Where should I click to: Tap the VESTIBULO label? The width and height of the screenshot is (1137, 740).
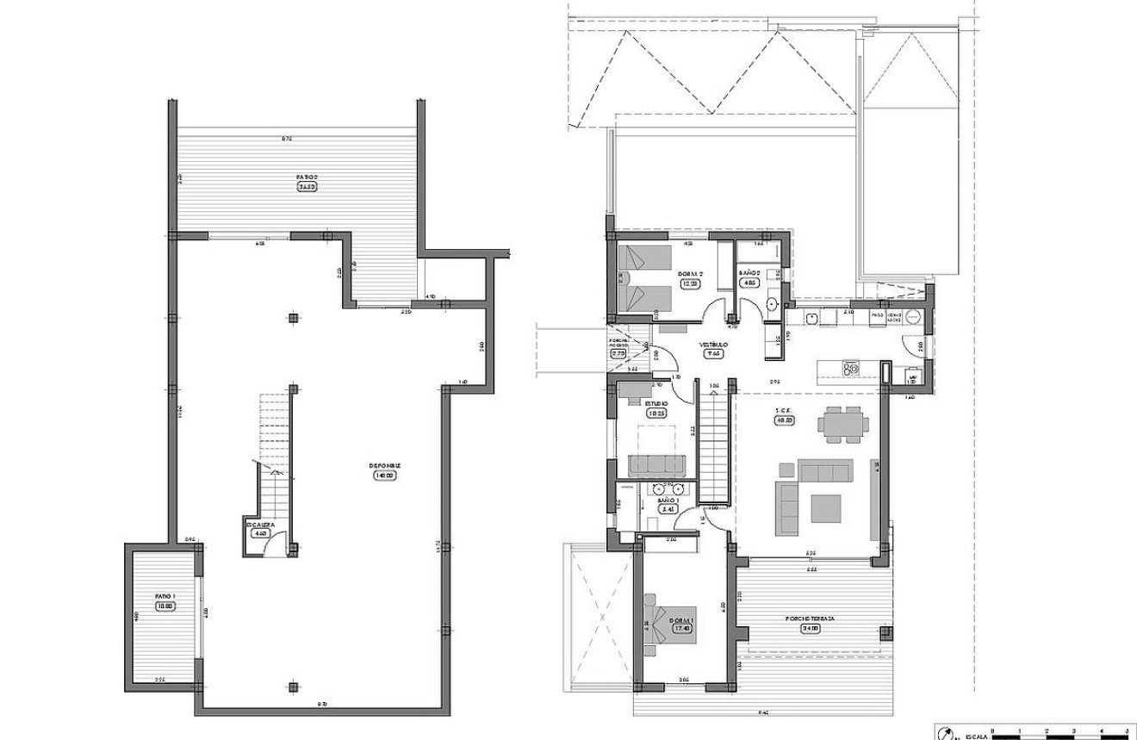pyautogui.click(x=714, y=345)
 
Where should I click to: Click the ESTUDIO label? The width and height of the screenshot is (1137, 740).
pyautogui.click(x=657, y=404)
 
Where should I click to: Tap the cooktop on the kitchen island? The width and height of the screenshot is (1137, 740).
pyautogui.click(x=852, y=369)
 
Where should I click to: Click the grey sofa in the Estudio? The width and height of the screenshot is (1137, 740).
pyautogui.click(x=657, y=465)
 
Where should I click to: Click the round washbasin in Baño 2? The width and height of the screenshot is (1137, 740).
pyautogui.click(x=772, y=302)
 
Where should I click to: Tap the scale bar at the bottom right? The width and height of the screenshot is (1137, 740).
pyautogui.click(x=1060, y=735)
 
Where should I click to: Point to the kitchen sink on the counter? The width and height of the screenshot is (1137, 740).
pyautogui.click(x=811, y=317)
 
